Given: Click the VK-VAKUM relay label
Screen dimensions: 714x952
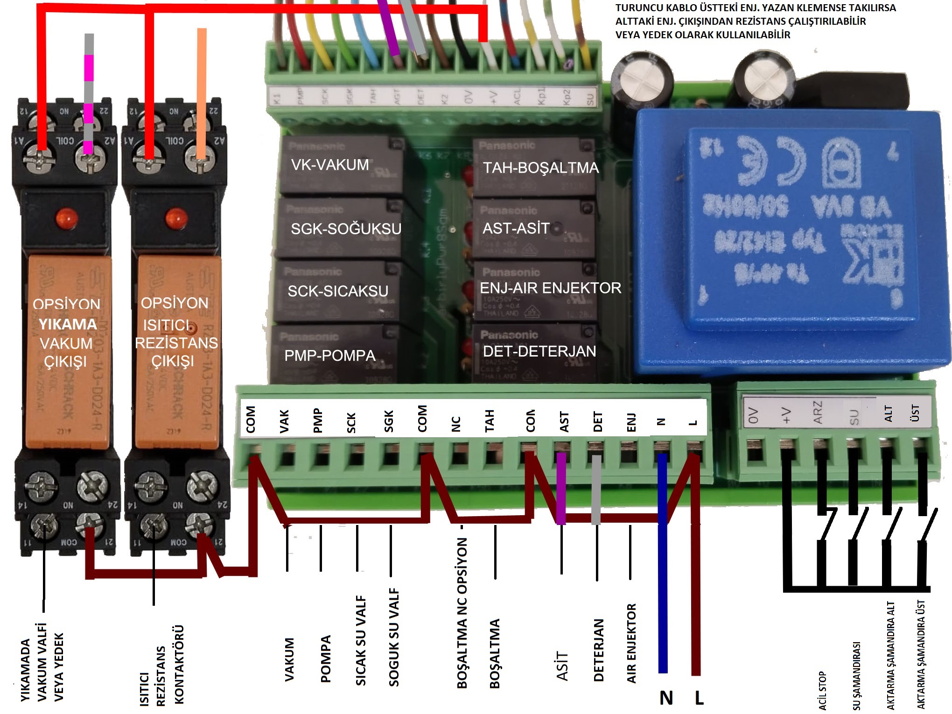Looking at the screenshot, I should (x=330, y=165).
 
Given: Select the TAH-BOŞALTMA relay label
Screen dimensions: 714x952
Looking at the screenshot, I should (x=540, y=168).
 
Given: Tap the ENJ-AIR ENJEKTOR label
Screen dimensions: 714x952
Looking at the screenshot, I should (x=550, y=288).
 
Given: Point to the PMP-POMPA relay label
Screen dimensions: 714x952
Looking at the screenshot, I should (x=330, y=356).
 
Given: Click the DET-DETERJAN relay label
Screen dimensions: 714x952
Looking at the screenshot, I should (x=539, y=351).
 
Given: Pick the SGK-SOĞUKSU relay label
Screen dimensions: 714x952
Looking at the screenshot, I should (x=346, y=229).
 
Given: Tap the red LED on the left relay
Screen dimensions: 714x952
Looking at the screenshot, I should (x=66, y=217).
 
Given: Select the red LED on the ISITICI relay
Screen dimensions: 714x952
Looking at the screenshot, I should (x=176, y=217).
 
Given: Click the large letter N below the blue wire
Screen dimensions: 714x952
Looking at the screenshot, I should (x=666, y=698).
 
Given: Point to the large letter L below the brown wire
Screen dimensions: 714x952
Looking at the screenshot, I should (x=699, y=698).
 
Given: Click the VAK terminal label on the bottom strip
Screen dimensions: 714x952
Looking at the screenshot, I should (x=284, y=421).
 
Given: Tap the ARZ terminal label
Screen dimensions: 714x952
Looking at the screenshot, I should (x=818, y=413).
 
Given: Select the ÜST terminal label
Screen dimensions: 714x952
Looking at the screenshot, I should (x=915, y=413).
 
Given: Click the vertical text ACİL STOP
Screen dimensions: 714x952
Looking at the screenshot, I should (x=822, y=691).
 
